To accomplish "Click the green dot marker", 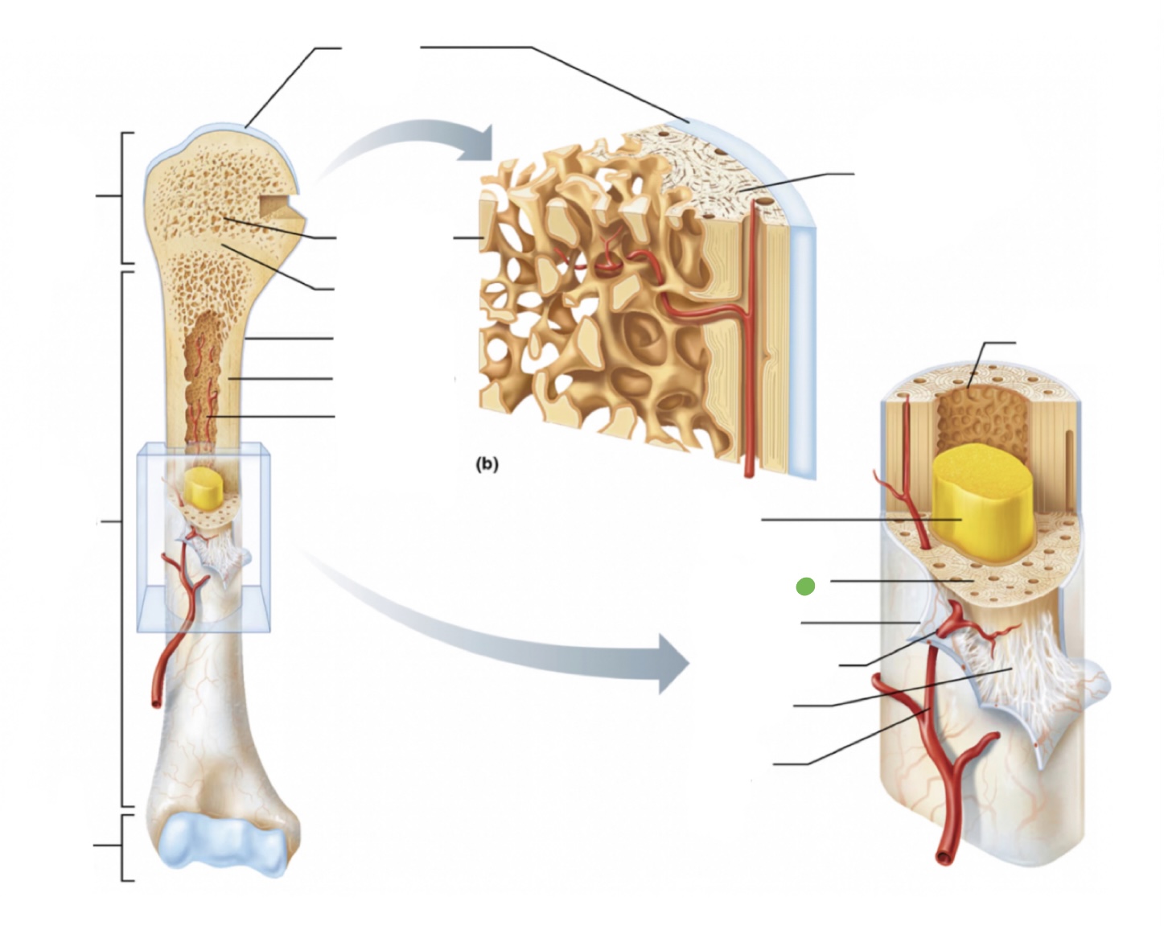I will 804,586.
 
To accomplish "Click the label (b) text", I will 487,464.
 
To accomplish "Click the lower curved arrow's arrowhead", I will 673,663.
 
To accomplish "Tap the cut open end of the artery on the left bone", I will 154,702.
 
